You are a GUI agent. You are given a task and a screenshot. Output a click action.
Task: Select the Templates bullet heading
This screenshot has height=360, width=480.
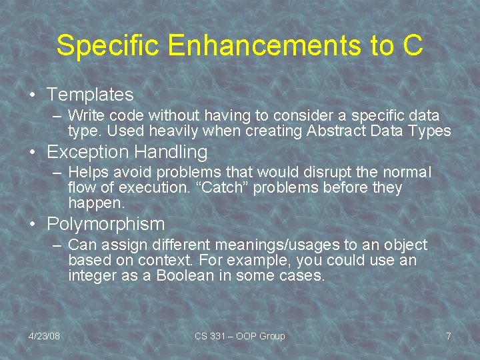pyautogui.click(x=90, y=95)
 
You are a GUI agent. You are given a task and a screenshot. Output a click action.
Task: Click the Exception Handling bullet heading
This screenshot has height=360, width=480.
pyautogui.click(x=127, y=152)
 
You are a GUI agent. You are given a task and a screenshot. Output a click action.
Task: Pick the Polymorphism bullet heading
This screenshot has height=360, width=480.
pyautogui.click(x=105, y=223)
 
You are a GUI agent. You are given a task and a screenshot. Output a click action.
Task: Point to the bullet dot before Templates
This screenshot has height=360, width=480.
pyautogui.click(x=33, y=95)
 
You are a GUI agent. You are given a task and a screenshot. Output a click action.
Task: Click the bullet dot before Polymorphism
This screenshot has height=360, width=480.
pyautogui.click(x=33, y=224)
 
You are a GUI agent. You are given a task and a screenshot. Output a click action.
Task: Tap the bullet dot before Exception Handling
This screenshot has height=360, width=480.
pyautogui.click(x=33, y=153)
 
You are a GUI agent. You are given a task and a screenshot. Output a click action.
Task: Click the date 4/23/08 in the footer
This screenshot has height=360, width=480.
pyautogui.click(x=44, y=336)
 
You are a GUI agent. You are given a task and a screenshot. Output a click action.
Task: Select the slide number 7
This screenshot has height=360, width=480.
pyautogui.click(x=449, y=336)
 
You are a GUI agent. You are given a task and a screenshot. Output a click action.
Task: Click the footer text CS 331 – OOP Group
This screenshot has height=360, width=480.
pyautogui.click(x=239, y=336)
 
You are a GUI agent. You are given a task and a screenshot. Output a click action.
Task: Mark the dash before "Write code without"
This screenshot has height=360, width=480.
pyautogui.click(x=58, y=116)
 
